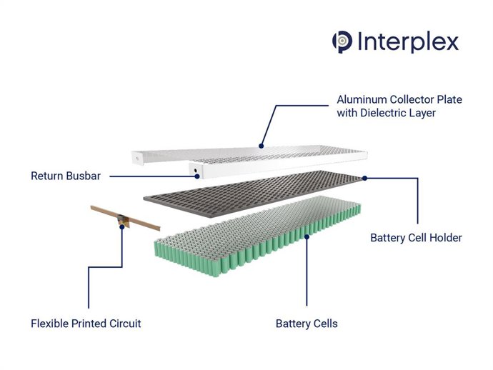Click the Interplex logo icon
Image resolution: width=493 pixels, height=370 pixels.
point(342,41)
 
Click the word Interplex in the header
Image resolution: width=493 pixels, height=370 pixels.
point(407,41)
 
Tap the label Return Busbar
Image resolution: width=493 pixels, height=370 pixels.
point(65,175)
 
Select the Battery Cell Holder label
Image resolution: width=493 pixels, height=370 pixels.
point(416,238)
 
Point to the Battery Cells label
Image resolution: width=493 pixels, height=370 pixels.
point(307,324)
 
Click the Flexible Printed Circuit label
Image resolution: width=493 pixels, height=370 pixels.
point(86,324)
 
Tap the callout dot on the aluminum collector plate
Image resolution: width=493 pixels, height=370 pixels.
point(262,146)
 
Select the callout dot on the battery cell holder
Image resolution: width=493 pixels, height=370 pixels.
point(364,178)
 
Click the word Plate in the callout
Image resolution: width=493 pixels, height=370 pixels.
point(449,99)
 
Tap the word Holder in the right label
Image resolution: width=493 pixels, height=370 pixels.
point(444,238)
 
